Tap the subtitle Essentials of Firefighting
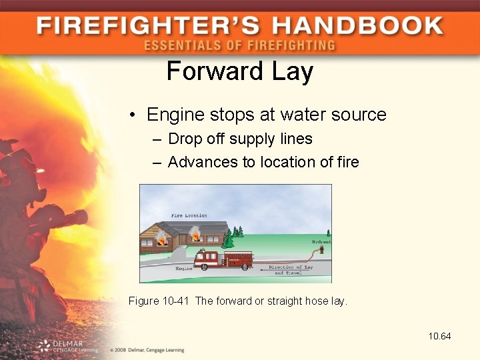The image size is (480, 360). tap(239, 46)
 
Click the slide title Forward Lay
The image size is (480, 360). tap(239, 71)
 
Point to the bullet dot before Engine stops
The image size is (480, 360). tap(133, 115)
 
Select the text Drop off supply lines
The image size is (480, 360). tap(240, 139)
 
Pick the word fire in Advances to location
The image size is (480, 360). tap(347, 161)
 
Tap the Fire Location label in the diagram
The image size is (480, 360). tap(189, 215)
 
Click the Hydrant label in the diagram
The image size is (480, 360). tap(321, 241)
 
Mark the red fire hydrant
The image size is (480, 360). tap(321, 250)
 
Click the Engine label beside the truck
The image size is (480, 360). tap(184, 268)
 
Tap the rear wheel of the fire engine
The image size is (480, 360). tap(245, 266)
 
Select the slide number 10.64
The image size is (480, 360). tap(439, 336)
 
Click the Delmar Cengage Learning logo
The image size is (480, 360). tap(67, 345)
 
